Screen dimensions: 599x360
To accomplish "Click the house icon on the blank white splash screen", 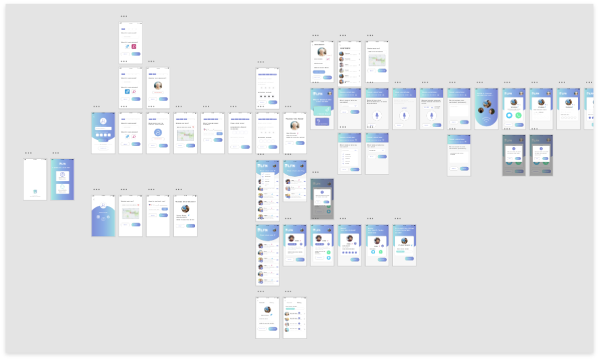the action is (x=35, y=191).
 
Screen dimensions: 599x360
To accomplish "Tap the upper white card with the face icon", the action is (x=62, y=176).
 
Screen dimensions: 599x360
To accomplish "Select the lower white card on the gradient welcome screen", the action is (x=62, y=191).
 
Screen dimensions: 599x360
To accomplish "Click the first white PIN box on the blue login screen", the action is (x=98, y=134).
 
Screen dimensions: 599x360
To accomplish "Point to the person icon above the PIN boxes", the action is (x=104, y=121).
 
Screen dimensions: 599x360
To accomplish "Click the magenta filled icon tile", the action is (x=134, y=46).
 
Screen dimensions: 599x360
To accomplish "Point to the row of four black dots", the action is (x=267, y=96).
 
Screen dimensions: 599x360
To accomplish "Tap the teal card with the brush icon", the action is (x=321, y=110).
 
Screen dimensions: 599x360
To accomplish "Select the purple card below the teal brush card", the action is (x=321, y=121).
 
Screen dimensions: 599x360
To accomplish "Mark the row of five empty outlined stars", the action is (x=267, y=88).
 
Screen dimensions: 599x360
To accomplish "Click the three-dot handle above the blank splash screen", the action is (x=28, y=153).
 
